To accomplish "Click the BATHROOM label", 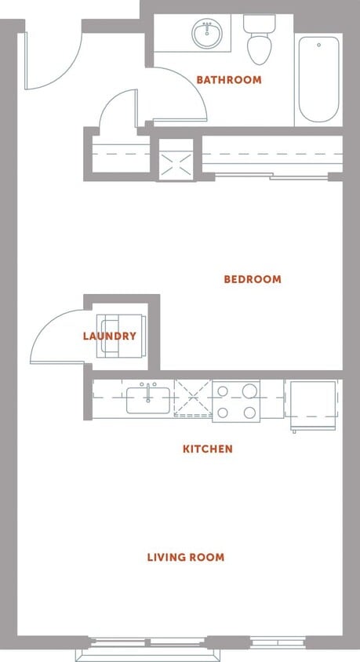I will click(228, 80).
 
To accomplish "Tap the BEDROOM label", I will click(252, 279).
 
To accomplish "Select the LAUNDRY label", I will click(110, 336).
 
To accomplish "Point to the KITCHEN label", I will click(207, 449).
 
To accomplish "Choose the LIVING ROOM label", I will click(186, 558).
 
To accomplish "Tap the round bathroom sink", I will click(207, 34).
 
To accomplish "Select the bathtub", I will click(318, 78).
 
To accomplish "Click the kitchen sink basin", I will click(147, 400).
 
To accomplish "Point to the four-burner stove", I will click(236, 400).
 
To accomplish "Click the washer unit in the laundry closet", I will click(120, 336).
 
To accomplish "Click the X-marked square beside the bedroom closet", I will click(176, 159).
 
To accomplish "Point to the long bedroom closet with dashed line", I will click(272, 154).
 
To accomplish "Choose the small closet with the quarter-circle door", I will click(121, 154).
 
